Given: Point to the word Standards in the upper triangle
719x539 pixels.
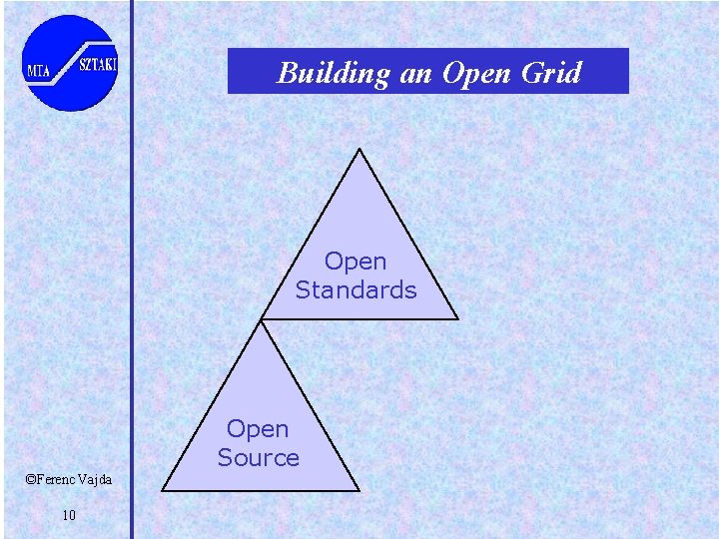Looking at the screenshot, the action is [356, 290].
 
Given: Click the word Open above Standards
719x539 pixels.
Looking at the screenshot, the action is [356, 262].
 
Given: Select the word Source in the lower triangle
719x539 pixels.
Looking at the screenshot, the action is [258, 458].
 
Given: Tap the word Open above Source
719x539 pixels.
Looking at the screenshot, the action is [258, 429].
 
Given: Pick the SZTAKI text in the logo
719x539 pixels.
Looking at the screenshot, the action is [99, 65].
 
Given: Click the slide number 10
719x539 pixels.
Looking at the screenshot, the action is [69, 515].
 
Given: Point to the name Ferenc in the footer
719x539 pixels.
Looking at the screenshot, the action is [58, 480].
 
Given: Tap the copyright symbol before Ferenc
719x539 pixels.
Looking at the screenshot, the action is [30, 480].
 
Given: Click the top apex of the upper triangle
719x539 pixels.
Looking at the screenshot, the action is [359, 150].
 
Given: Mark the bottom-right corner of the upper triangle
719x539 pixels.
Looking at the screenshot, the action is [458, 319].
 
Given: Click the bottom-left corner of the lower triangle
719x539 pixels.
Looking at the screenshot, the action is [163, 491].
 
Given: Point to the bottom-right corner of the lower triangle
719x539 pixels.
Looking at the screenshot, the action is [359, 491].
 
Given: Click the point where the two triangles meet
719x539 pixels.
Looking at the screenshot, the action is [262, 320].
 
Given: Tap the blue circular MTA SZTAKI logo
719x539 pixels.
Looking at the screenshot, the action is [70, 62].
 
